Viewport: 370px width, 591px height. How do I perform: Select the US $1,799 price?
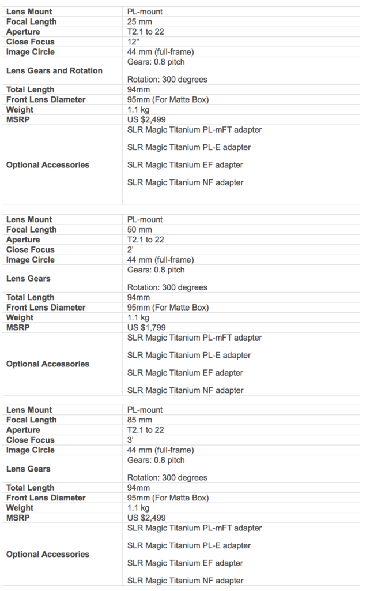tap(146, 328)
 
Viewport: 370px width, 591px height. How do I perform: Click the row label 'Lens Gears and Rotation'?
tap(54, 71)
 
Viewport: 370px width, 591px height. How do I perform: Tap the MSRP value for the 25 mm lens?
tap(146, 120)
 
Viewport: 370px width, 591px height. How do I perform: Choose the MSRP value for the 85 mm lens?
tap(146, 518)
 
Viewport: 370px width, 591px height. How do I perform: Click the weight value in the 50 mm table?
tap(138, 317)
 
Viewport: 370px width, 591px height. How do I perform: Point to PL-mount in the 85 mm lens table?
tap(145, 410)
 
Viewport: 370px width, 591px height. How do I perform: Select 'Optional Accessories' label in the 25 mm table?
tap(48, 165)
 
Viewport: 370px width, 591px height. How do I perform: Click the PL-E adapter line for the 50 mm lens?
tap(189, 356)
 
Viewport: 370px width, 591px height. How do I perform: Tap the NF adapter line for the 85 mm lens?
tap(185, 581)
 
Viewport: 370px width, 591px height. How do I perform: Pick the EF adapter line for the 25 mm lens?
tap(185, 165)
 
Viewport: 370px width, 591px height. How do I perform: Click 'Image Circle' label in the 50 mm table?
tap(31, 260)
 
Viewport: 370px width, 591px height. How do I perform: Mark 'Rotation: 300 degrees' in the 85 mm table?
tap(167, 478)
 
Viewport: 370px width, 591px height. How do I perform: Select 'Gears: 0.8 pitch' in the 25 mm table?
tap(156, 62)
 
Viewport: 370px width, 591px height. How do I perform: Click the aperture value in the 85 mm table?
tap(146, 430)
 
